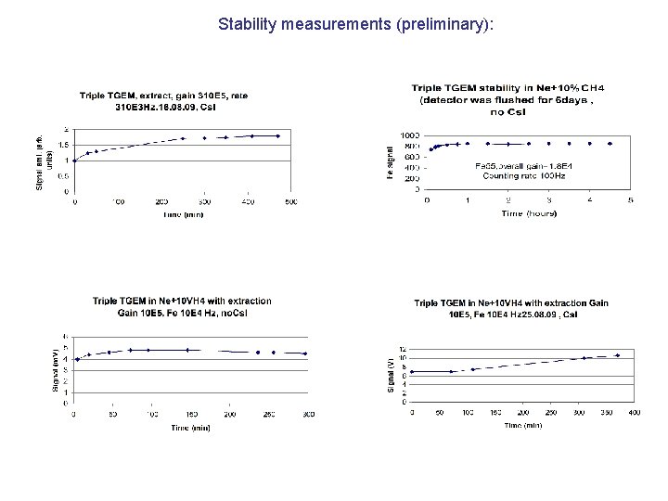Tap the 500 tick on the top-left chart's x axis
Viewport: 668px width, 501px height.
pos(290,201)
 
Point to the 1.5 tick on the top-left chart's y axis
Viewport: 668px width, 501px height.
pos(62,145)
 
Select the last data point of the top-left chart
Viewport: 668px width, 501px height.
pos(279,135)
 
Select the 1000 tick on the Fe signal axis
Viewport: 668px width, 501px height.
pos(411,135)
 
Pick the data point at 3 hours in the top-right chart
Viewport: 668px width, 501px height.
pos(549,144)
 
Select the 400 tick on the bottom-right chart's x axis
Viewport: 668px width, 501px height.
pos(635,411)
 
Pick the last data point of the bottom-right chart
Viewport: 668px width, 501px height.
pos(617,355)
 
